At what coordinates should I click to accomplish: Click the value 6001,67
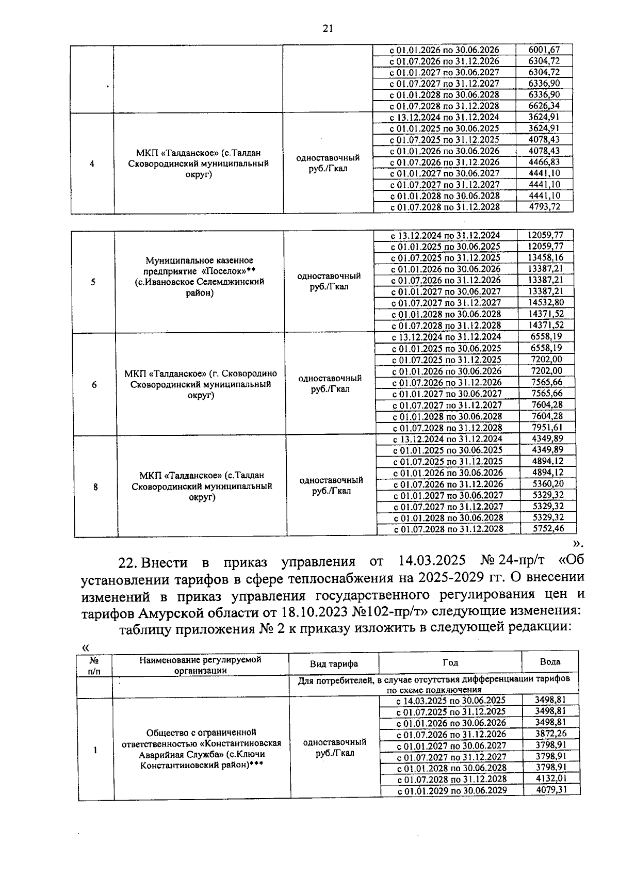tap(544, 50)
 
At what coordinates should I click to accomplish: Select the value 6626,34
tap(544, 106)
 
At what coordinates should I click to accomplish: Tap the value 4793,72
tap(544, 207)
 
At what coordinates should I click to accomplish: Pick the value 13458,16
tap(545, 257)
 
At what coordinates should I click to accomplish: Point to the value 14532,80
tap(545, 302)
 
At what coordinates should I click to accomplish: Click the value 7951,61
tap(547, 427)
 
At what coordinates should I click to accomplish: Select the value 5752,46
tap(548, 528)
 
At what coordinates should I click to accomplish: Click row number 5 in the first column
tap(93, 282)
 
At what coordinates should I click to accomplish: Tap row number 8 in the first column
tap(95, 486)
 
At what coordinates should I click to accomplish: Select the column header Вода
tap(550, 662)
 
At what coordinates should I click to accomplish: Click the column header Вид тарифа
tap(333, 663)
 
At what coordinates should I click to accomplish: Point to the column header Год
tap(450, 662)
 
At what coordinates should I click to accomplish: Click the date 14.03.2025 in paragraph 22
tap(432, 561)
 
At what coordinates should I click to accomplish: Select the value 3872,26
tap(551, 734)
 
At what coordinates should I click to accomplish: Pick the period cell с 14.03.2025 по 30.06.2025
tap(450, 701)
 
